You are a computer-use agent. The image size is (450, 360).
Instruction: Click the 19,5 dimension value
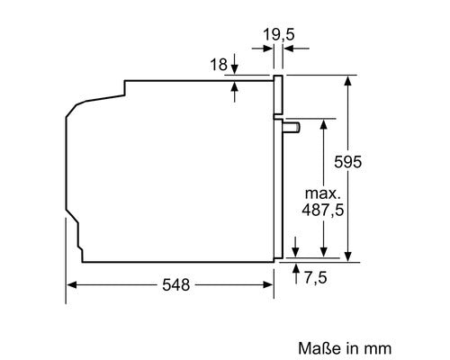[279, 34]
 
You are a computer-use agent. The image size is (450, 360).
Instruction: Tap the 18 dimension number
[219, 65]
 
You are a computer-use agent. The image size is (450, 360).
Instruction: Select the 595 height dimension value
[348, 162]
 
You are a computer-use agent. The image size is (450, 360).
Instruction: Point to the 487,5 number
[323, 210]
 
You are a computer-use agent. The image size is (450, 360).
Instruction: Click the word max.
[323, 193]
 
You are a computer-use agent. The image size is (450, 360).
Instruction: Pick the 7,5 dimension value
[316, 277]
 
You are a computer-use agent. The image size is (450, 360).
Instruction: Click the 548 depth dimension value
[176, 284]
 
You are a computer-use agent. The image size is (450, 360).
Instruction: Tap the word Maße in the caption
[319, 348]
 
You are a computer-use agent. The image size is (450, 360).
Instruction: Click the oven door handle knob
[291, 127]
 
